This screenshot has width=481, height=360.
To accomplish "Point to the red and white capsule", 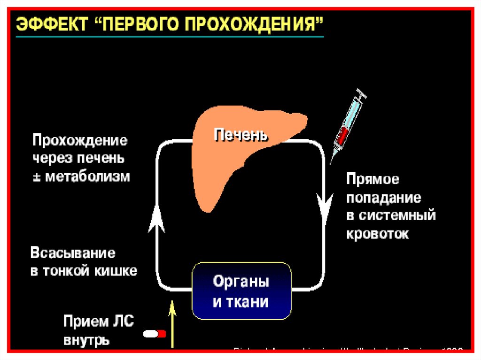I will [x=155, y=334].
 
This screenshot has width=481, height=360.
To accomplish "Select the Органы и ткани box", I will [x=241, y=291].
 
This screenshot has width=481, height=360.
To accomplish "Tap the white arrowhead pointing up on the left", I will [x=156, y=221].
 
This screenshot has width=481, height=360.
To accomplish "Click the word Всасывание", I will [x=73, y=253].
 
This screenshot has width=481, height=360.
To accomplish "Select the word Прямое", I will [x=373, y=179].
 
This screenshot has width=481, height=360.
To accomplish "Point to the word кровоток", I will [x=378, y=234].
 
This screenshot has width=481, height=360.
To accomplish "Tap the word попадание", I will [x=384, y=198].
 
